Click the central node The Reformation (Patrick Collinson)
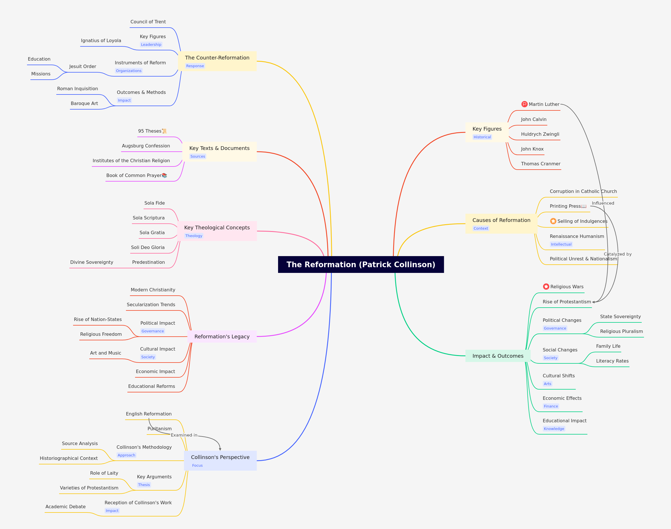click(361, 265)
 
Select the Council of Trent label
click(148, 22)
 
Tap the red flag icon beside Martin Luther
click(524, 104)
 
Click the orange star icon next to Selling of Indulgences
click(553, 221)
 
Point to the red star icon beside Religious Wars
click(546, 287)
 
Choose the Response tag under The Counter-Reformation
click(195, 66)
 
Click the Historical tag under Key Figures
click(482, 137)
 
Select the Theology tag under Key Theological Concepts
click(194, 236)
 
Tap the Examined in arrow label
click(184, 435)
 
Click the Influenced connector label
click(603, 203)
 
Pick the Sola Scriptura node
click(149, 218)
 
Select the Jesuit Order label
click(83, 66)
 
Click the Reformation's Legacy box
click(222, 337)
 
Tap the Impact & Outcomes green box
click(498, 356)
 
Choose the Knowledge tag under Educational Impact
click(554, 429)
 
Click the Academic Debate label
click(66, 507)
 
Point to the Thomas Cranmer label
click(541, 164)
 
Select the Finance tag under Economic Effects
click(551, 406)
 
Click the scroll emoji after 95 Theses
click(164, 131)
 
